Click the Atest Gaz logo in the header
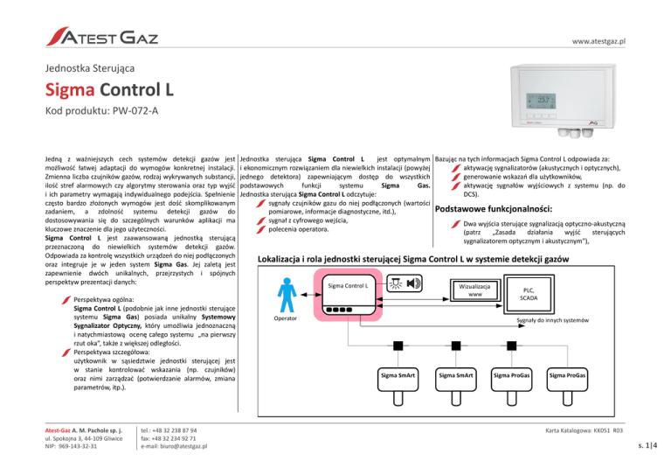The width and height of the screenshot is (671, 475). pos(102,37)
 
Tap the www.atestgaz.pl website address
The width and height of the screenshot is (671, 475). pos(598,41)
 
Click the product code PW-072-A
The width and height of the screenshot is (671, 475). pos(135,111)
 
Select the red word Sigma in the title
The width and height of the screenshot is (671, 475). pos(70,90)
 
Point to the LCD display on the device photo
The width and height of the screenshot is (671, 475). pos(541,101)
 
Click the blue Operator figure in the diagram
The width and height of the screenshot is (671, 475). pos(287,295)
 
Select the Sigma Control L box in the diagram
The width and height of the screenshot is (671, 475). pos(348,294)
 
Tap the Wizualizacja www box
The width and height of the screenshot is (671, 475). pos(475,290)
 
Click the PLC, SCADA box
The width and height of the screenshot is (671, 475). pos(529,294)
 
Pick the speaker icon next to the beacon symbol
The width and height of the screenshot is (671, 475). pos(413,283)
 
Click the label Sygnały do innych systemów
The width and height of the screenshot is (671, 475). pos(552,320)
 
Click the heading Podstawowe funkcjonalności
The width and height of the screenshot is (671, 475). pos(494,209)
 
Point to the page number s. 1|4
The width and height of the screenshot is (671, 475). pos(647,445)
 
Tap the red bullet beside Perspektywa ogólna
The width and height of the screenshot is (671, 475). pos(66,300)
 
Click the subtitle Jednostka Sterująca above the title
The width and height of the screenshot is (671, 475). pos(90,68)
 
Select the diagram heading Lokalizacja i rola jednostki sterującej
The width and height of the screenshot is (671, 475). pos(413,259)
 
